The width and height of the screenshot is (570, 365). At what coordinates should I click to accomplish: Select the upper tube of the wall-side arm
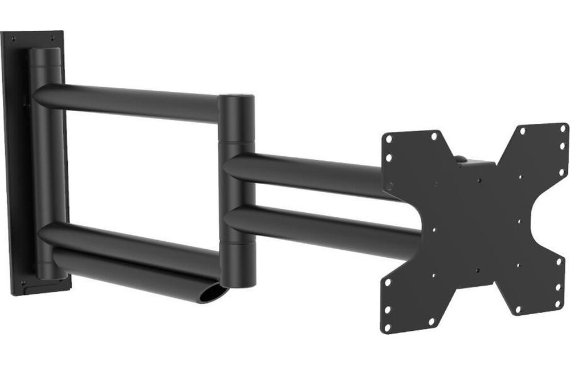pyautogui.click(x=131, y=102)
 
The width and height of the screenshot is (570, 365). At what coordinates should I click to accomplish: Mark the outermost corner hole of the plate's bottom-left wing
pyautogui.click(x=387, y=326)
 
